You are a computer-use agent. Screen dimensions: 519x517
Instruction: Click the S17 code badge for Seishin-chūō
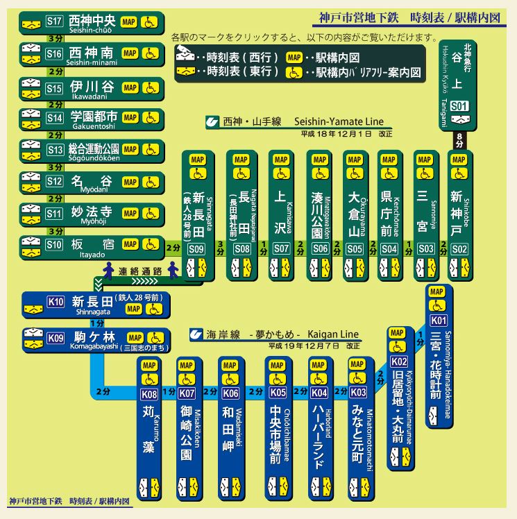[x=54, y=22]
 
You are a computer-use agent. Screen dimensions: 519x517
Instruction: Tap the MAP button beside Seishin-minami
[x=129, y=53]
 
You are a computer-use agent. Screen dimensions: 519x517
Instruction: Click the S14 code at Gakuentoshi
[x=54, y=118]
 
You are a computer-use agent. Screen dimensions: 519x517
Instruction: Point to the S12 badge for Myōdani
[x=54, y=182]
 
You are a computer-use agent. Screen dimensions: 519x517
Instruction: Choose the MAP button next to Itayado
[x=129, y=244]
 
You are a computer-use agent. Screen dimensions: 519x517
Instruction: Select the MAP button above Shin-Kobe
[x=459, y=160]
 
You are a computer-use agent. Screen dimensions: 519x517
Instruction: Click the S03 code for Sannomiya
[x=425, y=248]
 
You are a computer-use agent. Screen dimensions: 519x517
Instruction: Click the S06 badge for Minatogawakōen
[x=319, y=248]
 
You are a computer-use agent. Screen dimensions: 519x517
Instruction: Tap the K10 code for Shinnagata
[x=56, y=301]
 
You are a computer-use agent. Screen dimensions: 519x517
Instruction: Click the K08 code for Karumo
[x=150, y=393]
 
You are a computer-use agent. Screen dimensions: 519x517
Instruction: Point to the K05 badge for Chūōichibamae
[x=278, y=393]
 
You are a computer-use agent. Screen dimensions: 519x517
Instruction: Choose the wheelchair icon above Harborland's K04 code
[x=319, y=380]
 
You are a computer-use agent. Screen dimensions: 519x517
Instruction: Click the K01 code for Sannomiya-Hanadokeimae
[x=439, y=320]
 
